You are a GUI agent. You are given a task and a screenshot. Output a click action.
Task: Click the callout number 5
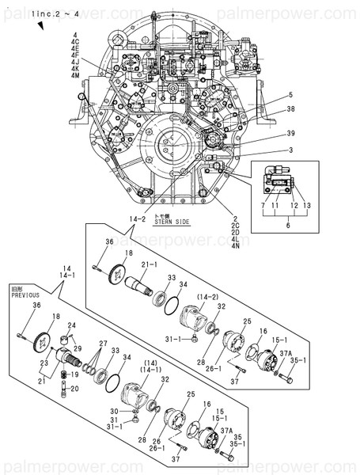pyautogui.click(x=290, y=95)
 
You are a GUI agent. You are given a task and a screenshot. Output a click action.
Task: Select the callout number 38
pyautogui.click(x=290, y=108)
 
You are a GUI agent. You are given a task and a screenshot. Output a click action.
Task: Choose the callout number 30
pyautogui.click(x=114, y=411)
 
